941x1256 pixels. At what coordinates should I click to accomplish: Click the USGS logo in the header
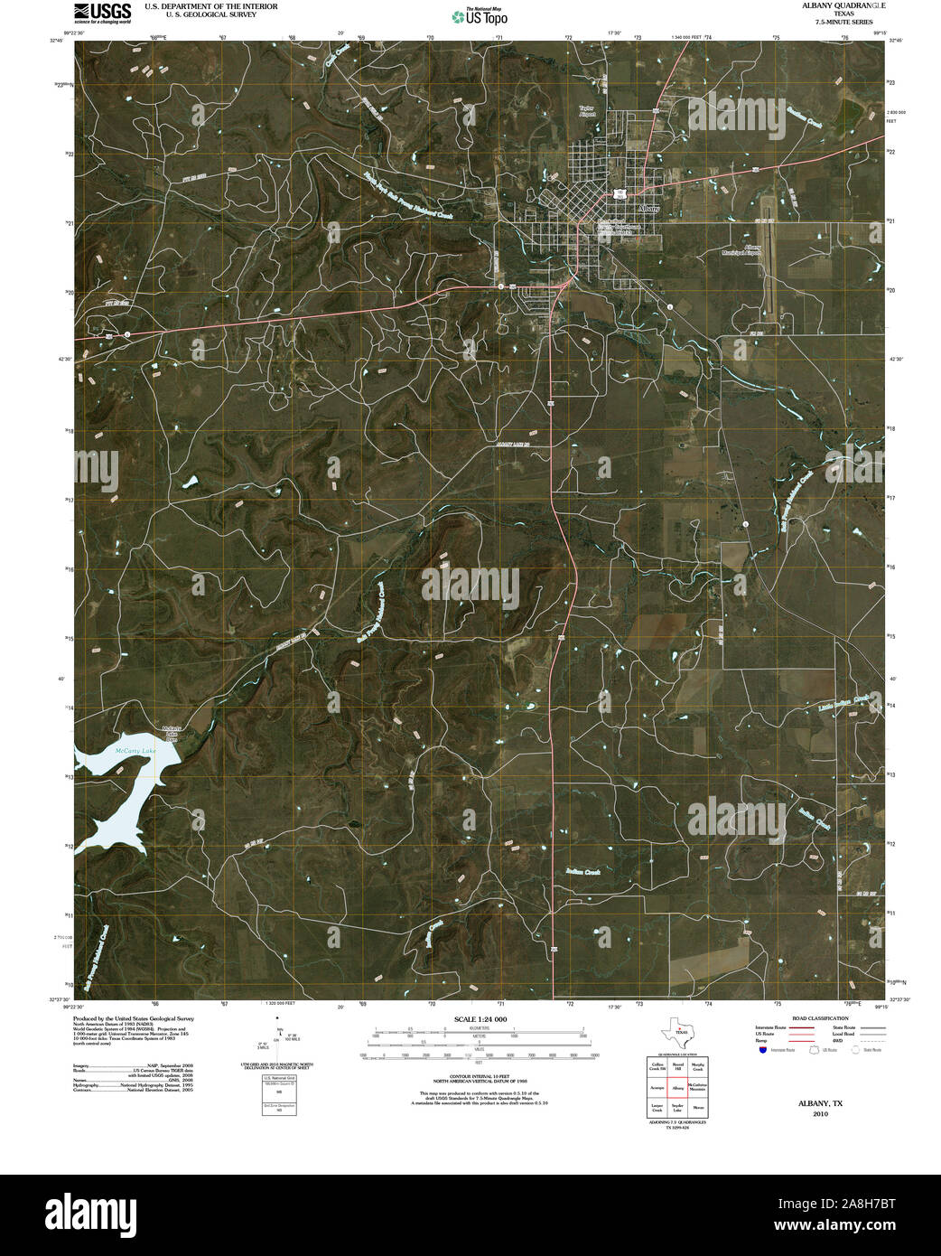[x=102, y=12]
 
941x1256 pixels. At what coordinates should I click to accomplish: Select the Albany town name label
[x=648, y=209]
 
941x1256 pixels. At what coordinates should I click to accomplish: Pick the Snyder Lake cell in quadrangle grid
[x=678, y=1107]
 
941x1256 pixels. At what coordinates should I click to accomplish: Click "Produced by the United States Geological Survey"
[x=134, y=1017]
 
